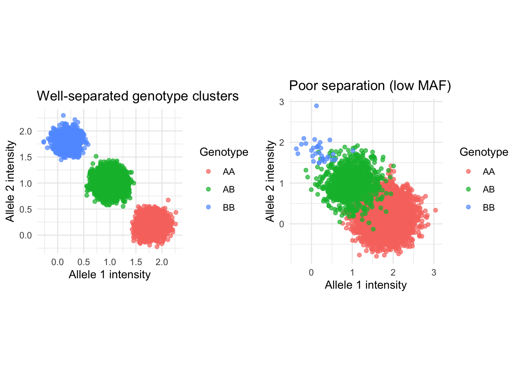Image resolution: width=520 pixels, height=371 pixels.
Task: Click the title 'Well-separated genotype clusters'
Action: click(x=138, y=96)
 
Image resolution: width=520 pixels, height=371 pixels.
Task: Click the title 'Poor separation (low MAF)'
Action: click(x=370, y=85)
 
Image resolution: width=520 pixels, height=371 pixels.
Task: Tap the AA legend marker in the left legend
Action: click(x=209, y=172)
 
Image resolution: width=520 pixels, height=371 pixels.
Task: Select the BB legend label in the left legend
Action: click(x=229, y=208)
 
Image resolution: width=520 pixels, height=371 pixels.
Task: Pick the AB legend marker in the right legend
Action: click(x=469, y=189)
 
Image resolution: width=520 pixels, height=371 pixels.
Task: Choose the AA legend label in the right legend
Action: click(x=489, y=172)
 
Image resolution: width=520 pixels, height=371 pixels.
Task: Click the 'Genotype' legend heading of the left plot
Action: click(x=224, y=152)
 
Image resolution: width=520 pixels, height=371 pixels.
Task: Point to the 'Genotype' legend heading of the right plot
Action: click(x=484, y=152)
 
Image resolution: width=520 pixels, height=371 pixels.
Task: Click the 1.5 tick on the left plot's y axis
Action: click(x=26, y=157)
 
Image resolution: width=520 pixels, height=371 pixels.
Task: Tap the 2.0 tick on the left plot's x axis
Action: click(x=162, y=262)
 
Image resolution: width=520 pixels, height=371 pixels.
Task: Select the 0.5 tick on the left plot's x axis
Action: click(x=84, y=262)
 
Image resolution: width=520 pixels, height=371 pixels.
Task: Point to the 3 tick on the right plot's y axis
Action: click(x=282, y=102)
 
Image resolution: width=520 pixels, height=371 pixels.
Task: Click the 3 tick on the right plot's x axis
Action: click(x=434, y=272)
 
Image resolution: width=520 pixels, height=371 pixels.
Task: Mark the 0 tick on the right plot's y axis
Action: click(x=282, y=224)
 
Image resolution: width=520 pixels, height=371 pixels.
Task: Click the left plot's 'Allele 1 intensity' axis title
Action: click(x=109, y=274)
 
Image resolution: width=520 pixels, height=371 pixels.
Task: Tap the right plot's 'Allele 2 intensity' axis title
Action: click(x=270, y=181)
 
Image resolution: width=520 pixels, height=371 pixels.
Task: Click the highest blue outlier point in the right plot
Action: click(x=316, y=106)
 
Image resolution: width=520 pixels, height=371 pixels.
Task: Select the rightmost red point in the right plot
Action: click(x=435, y=210)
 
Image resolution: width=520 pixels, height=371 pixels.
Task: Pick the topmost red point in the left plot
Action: click(x=168, y=200)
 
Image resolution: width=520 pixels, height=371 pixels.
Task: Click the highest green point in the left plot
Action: click(x=96, y=157)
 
